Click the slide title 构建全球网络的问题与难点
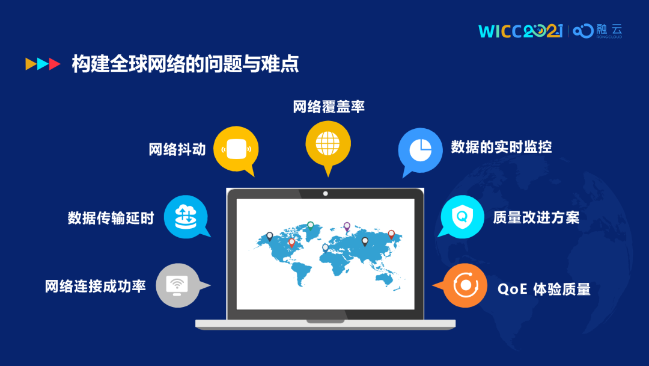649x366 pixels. click(185, 64)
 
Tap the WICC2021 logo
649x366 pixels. click(520, 31)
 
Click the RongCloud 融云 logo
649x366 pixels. click(597, 31)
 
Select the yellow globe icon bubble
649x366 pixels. click(328, 146)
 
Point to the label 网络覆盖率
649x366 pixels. click(329, 107)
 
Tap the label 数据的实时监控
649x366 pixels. click(501, 147)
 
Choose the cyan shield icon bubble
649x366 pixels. click(462, 217)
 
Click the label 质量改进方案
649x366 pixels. click(536, 217)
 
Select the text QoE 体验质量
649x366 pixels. click(544, 290)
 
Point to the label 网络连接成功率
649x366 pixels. click(95, 287)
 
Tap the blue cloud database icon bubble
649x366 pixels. click(186, 217)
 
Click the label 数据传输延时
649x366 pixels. click(111, 218)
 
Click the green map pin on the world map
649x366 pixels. click(311, 226)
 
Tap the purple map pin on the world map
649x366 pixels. click(347, 227)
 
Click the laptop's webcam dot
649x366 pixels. click(325, 194)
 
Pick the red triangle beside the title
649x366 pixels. click(54, 64)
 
